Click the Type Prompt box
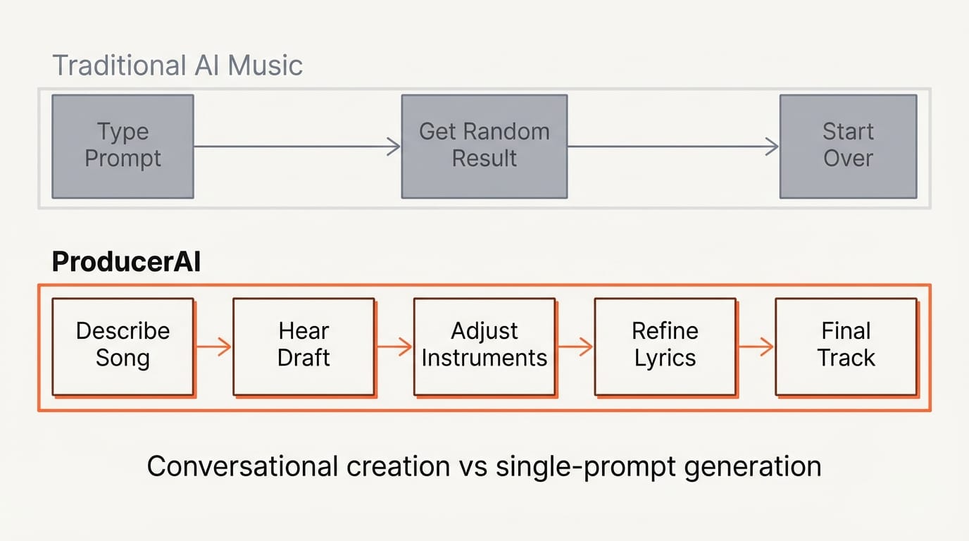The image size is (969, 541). (x=123, y=146)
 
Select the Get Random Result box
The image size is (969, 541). (x=484, y=146)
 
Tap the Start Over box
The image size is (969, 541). (x=848, y=146)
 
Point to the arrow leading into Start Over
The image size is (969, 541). (x=673, y=147)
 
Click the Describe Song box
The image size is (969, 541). (x=123, y=345)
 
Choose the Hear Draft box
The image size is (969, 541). (x=304, y=345)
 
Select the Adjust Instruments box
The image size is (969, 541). (x=484, y=345)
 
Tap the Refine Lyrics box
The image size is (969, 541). (x=665, y=345)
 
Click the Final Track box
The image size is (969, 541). (x=846, y=345)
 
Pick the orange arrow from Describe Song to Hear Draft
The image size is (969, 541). (x=213, y=347)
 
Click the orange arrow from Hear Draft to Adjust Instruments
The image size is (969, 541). (x=394, y=347)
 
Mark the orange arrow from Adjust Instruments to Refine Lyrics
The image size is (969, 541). (x=575, y=347)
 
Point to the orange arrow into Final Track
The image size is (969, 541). (x=756, y=347)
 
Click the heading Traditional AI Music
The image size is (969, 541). (x=177, y=66)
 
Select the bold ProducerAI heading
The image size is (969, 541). (x=126, y=262)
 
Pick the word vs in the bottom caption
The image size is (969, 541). (x=471, y=466)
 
